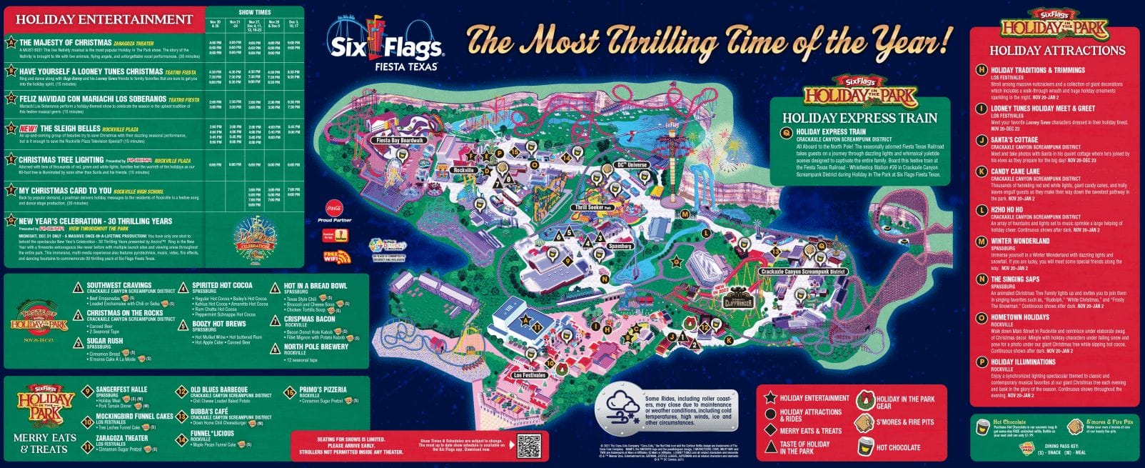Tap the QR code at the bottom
528,447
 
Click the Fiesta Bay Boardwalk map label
400,141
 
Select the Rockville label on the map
463,171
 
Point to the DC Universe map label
631,165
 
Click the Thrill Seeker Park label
594,208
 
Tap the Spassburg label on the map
620,247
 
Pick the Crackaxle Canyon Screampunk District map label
802,272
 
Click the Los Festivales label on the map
529,375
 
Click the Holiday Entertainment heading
104,19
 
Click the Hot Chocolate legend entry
898,447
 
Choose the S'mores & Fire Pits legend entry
904,422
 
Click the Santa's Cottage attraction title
1014,140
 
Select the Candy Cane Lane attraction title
1015,171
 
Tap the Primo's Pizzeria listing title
322,390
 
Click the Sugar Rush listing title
105,341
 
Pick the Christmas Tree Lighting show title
61,160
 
